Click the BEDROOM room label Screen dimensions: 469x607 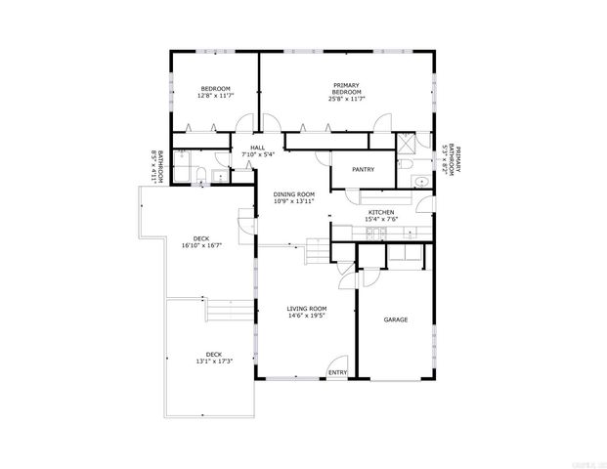(216, 89)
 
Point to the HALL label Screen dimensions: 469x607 (257, 148)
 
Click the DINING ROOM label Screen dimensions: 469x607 (293, 193)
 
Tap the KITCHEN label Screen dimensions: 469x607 (380, 212)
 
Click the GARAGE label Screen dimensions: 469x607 (395, 320)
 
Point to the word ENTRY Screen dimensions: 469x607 (337, 372)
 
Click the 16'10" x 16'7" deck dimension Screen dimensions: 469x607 (201, 245)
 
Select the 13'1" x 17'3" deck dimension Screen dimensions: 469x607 (213, 362)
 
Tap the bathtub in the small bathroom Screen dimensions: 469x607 (183, 164)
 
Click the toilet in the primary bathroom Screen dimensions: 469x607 (405, 167)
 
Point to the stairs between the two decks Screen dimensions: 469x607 (223, 313)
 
